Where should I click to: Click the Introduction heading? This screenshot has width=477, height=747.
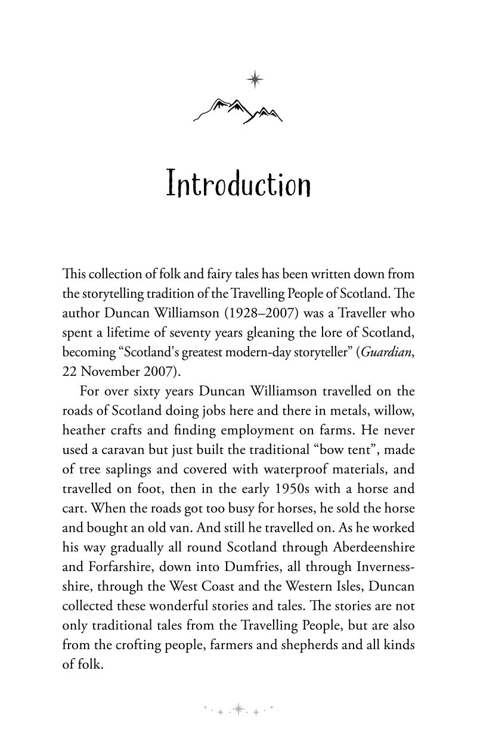click(238, 184)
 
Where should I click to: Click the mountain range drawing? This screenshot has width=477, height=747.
click(238, 110)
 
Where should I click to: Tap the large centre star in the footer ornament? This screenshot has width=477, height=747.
click(238, 709)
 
